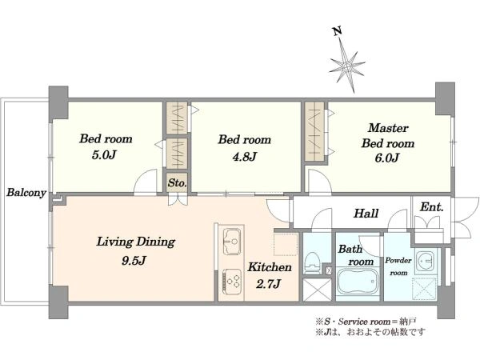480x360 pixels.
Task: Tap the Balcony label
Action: [x=25, y=193]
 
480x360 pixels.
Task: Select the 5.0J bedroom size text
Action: [x=105, y=156]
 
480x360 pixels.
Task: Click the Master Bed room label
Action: [x=388, y=136]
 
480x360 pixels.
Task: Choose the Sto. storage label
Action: [x=177, y=183]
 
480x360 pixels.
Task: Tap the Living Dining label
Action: [x=136, y=241]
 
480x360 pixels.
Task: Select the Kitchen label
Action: [x=269, y=267]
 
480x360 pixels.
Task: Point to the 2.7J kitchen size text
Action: [x=269, y=284]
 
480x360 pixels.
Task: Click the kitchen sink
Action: [x=232, y=238]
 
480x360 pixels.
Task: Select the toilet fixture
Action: [x=314, y=260]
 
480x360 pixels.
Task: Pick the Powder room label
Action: [x=398, y=266]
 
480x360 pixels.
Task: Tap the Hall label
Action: [x=366, y=214]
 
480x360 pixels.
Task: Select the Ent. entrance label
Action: [x=432, y=206]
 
